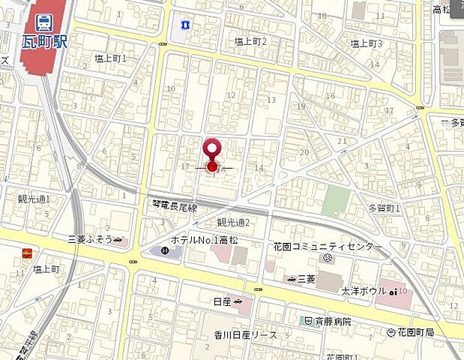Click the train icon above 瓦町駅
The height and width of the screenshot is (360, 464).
point(43,21)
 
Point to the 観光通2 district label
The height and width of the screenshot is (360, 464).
point(232,222)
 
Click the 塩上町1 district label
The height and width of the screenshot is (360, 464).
point(111,58)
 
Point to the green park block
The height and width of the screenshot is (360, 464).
point(337,201)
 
